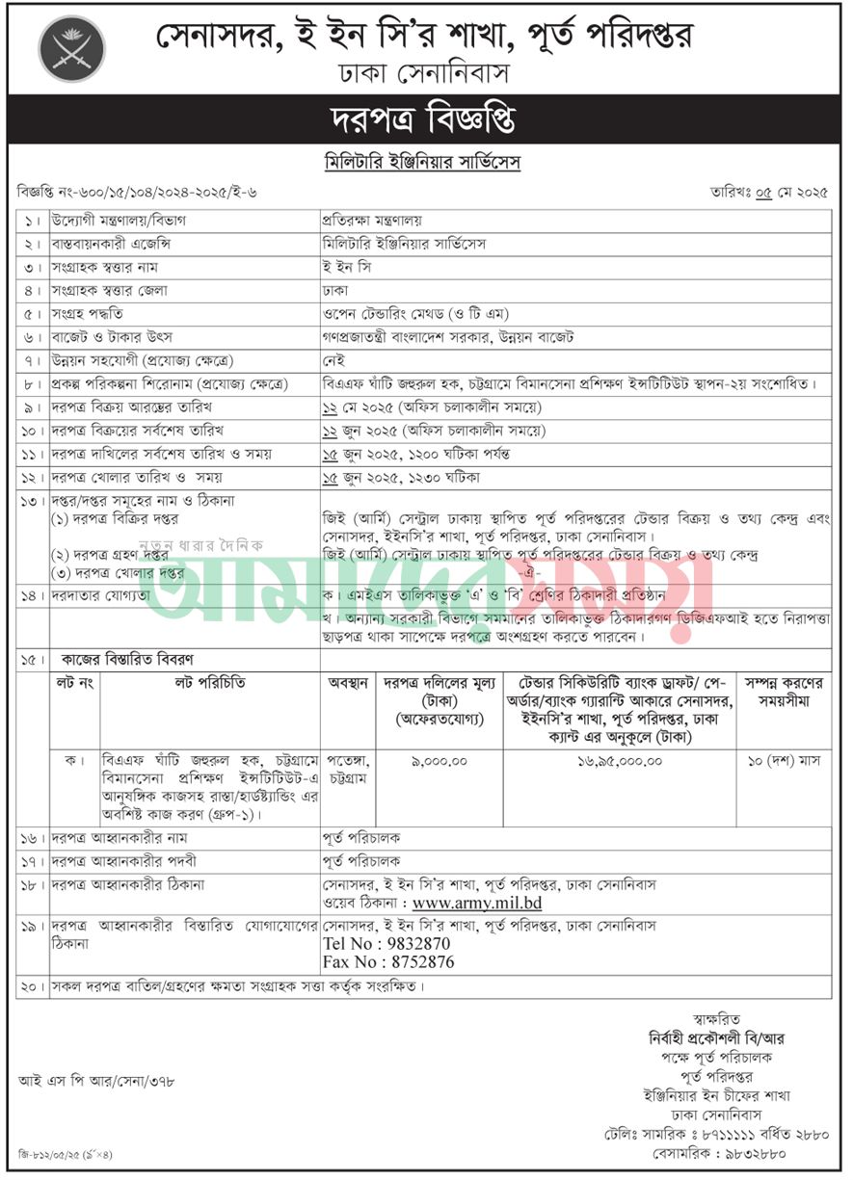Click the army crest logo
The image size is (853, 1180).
(71, 49)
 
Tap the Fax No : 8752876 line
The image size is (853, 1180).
(388, 962)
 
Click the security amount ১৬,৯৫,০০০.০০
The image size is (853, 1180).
(619, 761)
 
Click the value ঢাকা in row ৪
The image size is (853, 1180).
(334, 290)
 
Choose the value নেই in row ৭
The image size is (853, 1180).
(333, 359)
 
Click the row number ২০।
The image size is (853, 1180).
(32, 987)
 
